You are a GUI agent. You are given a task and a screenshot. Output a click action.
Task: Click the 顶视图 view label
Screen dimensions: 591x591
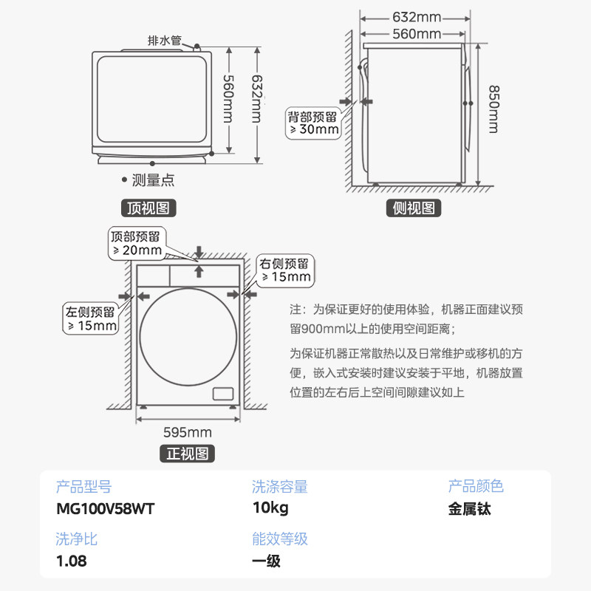[148, 208]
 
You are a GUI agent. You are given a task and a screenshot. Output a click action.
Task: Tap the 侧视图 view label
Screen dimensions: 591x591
[414, 208]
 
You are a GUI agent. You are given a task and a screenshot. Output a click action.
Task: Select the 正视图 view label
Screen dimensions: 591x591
[187, 453]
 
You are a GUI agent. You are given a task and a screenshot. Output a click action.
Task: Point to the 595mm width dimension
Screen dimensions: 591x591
[187, 432]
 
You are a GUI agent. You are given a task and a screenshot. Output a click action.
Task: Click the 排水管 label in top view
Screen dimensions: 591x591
[165, 41]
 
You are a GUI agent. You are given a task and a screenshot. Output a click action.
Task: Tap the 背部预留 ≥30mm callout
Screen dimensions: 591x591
[313, 123]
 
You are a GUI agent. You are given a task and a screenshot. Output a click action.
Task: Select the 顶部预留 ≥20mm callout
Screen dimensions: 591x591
[136, 243]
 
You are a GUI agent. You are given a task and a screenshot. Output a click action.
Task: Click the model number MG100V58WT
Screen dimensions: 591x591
[106, 509]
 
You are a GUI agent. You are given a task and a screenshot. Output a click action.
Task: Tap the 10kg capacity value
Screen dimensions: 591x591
[270, 509]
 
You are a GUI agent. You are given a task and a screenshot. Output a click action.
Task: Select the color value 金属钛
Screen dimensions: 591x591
[469, 509]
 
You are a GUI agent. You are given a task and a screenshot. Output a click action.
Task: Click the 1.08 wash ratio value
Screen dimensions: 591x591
[72, 561]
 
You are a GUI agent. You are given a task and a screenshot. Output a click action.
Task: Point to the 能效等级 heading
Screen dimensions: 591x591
[279, 539]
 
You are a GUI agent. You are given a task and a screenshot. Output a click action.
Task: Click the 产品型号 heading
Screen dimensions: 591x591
[83, 487]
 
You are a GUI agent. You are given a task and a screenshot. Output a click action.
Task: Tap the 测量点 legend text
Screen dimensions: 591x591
[152, 180]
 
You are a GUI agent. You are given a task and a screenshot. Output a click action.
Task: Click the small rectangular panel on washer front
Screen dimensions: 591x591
[222, 393]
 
